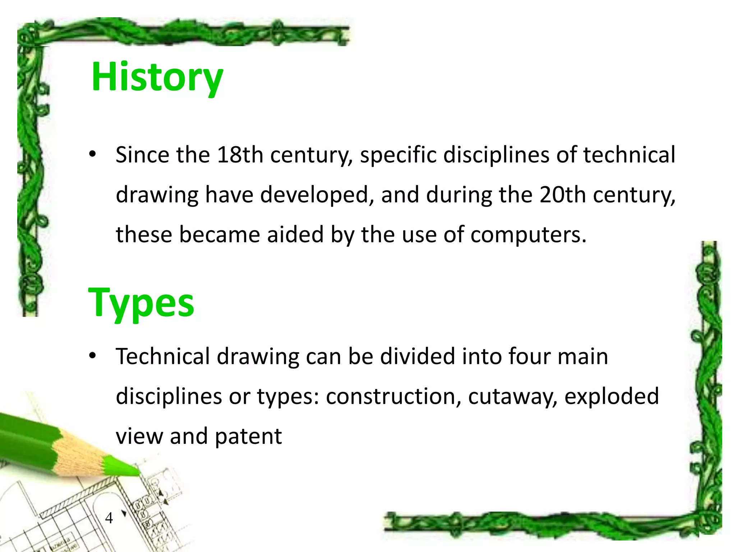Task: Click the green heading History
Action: tap(157, 77)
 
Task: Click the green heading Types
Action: tap(141, 303)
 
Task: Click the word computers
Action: tap(528, 235)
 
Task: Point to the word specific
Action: tap(398, 155)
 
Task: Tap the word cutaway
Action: tap(512, 396)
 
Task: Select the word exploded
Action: tap(612, 396)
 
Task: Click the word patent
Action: tap(248, 436)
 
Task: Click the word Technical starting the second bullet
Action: tap(163, 356)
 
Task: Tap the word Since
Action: tap(142, 155)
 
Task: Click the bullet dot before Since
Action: tap(93, 155)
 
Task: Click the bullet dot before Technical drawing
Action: tap(93, 356)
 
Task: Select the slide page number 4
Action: tap(109, 518)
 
